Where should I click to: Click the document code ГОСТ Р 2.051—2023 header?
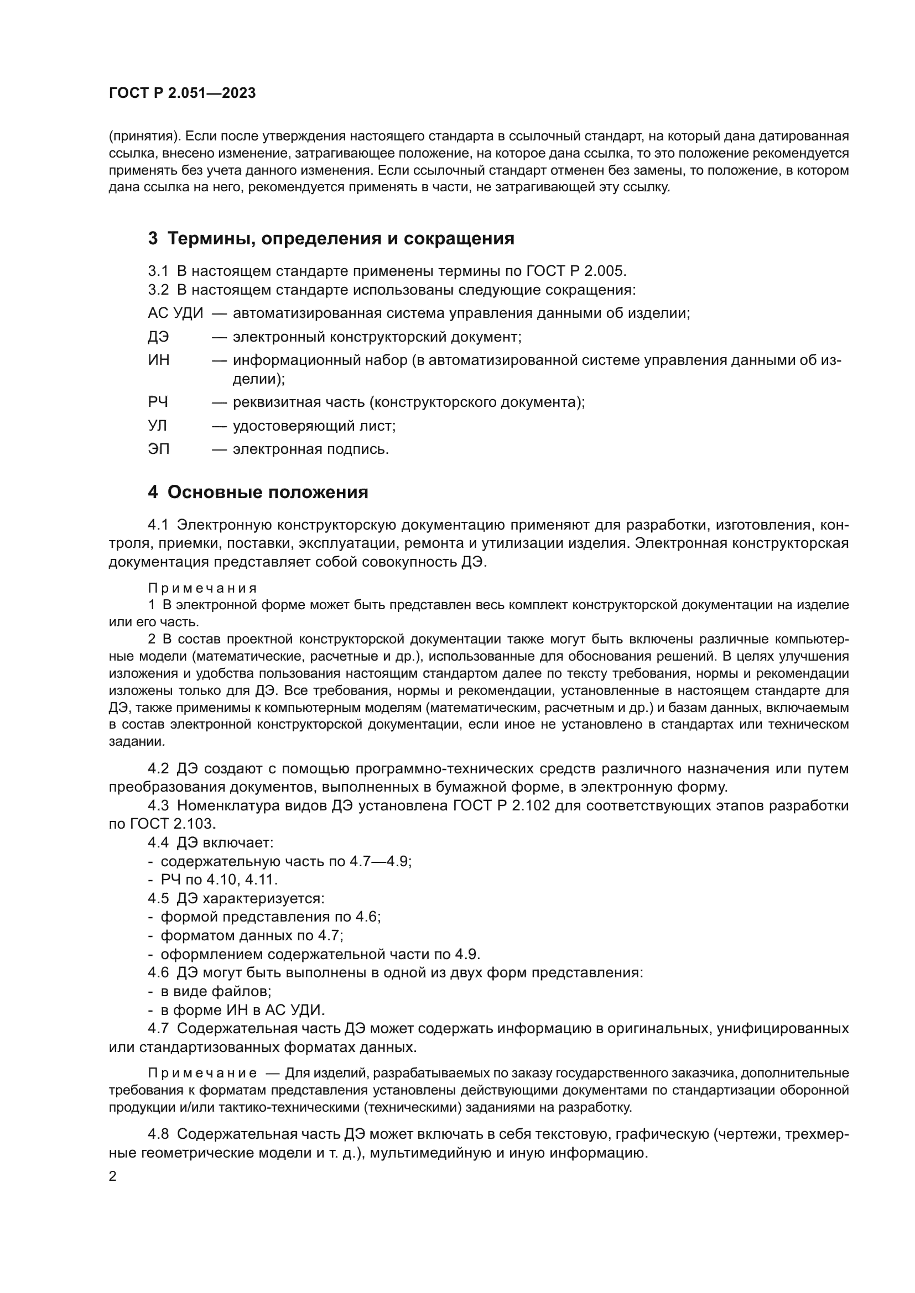(x=182, y=93)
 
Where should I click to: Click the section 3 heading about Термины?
(x=331, y=239)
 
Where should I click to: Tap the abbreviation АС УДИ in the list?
(x=175, y=313)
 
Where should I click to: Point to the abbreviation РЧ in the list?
(x=158, y=402)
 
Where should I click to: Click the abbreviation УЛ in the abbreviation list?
(x=157, y=426)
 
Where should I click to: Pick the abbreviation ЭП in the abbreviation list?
(x=158, y=449)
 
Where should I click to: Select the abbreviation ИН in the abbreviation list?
(x=158, y=360)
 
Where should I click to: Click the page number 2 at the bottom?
(x=113, y=1176)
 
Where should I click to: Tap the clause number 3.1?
(x=158, y=271)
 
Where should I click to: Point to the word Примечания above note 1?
(x=202, y=588)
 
